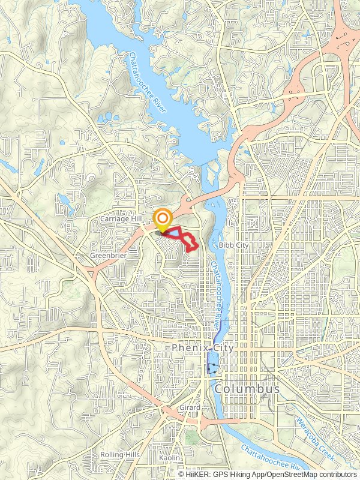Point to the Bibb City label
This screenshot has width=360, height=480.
(233, 245)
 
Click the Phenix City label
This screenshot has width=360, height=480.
(202, 347)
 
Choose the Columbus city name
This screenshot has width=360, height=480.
(247, 389)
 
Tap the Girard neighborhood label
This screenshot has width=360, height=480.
(189, 407)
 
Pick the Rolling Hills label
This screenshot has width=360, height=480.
(120, 454)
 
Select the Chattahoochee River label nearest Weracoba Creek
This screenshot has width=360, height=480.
(270, 457)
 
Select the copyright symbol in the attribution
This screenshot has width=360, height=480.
(182, 474)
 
